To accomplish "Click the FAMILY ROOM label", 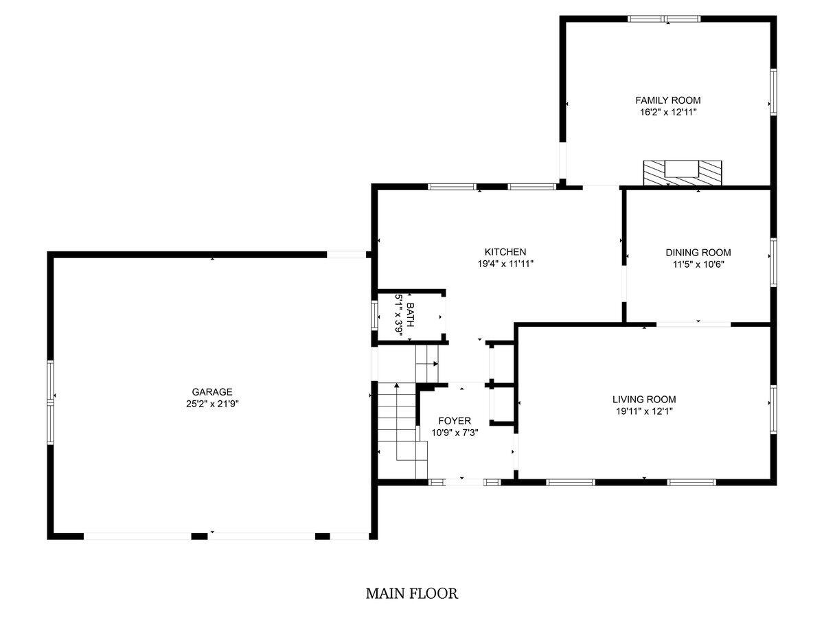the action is point(667,100).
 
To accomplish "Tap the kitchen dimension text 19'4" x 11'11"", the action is point(505,264).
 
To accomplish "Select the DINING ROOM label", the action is point(698,253).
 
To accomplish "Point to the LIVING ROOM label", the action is point(644,399).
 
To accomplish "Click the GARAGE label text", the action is point(212,391).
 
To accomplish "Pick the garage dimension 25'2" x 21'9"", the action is point(212,404).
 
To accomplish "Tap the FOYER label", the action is point(455,421).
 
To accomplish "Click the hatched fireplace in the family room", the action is point(682,173).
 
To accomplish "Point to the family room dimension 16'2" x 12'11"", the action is point(668,112).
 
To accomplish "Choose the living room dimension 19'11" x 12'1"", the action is point(644,411).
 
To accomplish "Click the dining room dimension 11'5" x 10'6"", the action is point(698,264).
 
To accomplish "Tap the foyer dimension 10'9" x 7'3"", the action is point(455,433).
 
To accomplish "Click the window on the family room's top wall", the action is point(664,19).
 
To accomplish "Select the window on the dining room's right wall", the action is point(773,262).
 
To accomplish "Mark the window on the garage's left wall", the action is point(50,402).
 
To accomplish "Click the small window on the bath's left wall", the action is point(374,315).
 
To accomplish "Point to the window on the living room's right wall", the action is point(773,409).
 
